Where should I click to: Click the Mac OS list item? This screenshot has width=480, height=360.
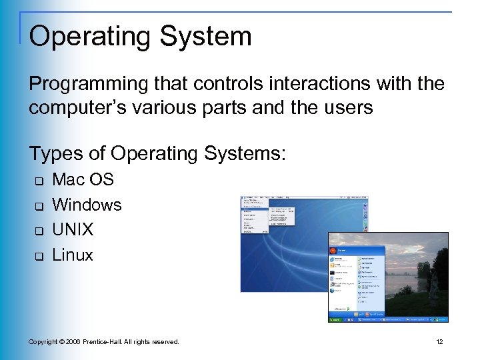(83, 179)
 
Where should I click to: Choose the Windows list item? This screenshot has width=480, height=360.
(87, 205)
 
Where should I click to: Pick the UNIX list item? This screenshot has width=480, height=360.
(73, 230)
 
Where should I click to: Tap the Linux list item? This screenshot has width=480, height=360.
(73, 255)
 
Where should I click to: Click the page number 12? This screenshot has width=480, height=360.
(439, 342)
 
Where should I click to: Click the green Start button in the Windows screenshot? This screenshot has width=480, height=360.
(335, 319)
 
